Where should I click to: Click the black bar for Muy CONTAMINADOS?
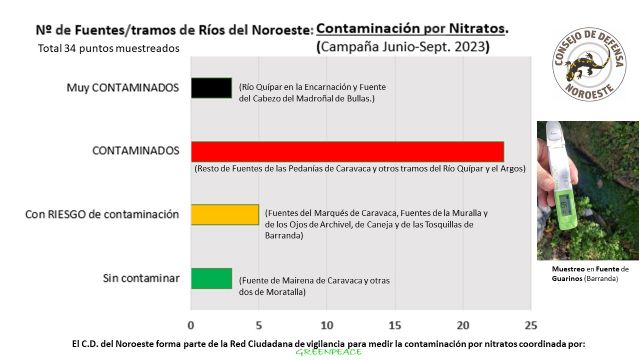tap(211, 88)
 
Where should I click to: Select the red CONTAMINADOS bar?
tap(347, 151)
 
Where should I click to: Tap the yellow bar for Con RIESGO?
tap(225, 214)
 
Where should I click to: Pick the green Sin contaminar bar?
tap(211, 278)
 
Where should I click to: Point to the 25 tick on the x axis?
tap(530, 325)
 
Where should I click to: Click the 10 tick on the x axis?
tap(327, 325)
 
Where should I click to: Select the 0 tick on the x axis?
tap(191, 325)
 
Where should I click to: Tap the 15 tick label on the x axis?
tap(394, 325)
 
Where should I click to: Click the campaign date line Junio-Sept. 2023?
tap(402, 47)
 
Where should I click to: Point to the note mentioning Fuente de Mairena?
tap(305, 285)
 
